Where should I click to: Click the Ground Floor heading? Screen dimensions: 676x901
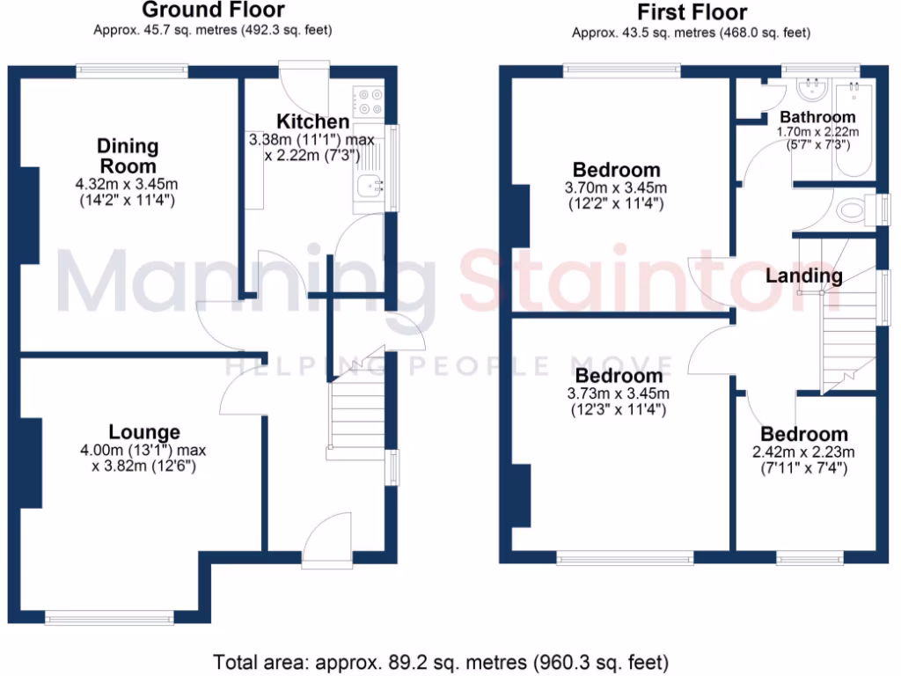click(213, 11)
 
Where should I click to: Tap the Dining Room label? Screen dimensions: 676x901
click(128, 156)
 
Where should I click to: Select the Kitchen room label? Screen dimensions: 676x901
click(312, 121)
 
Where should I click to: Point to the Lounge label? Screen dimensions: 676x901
click(144, 432)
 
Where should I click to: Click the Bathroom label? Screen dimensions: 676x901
click(817, 117)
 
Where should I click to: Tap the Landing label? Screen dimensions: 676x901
click(803, 276)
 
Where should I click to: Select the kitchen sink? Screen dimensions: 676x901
click(370, 184)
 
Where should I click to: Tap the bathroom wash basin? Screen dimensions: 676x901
click(809, 88)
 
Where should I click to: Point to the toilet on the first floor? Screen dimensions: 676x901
click(853, 210)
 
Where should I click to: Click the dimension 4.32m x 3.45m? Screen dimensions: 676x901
click(127, 184)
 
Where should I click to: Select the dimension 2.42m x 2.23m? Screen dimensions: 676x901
click(804, 452)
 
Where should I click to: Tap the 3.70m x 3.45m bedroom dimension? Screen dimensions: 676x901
click(616, 187)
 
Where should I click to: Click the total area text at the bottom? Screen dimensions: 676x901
click(441, 661)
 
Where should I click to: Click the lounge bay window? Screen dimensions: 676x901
click(117, 619)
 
